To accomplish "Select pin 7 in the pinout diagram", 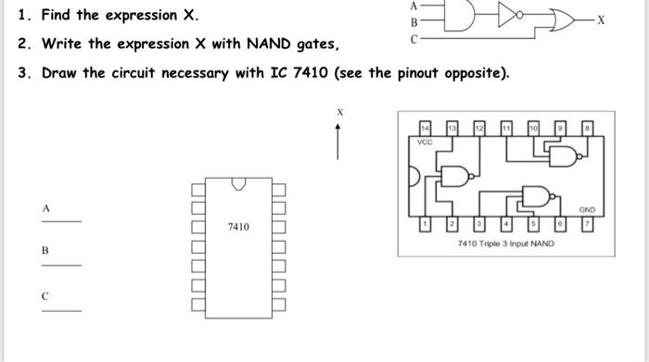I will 586,225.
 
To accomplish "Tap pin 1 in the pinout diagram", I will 425,225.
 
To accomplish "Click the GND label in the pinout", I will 584,210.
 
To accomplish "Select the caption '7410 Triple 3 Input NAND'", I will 505,243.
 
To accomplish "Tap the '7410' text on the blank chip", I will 238,226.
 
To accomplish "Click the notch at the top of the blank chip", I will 238,182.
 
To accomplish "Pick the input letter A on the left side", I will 44,209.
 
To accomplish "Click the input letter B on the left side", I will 44,251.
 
